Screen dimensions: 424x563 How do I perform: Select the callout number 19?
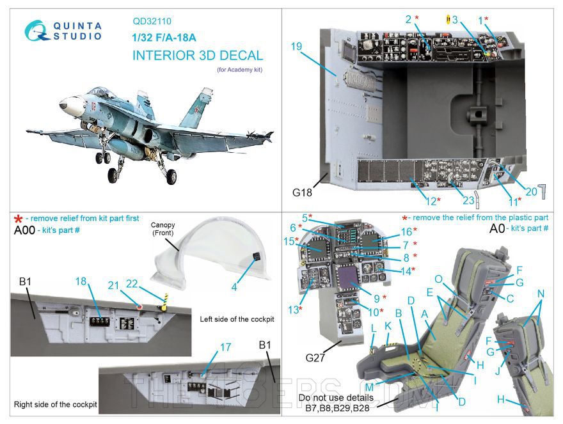(295, 46)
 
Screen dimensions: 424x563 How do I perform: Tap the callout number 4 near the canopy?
(235, 287)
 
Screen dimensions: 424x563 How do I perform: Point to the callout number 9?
(376, 297)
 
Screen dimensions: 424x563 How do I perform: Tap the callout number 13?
(294, 310)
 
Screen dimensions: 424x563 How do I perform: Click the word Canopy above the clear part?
(163, 226)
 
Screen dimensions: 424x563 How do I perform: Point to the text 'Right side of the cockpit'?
(55, 404)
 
